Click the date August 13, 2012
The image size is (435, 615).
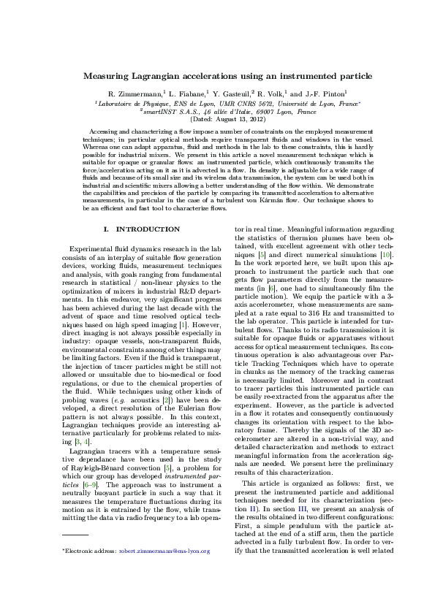[x=228, y=118]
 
